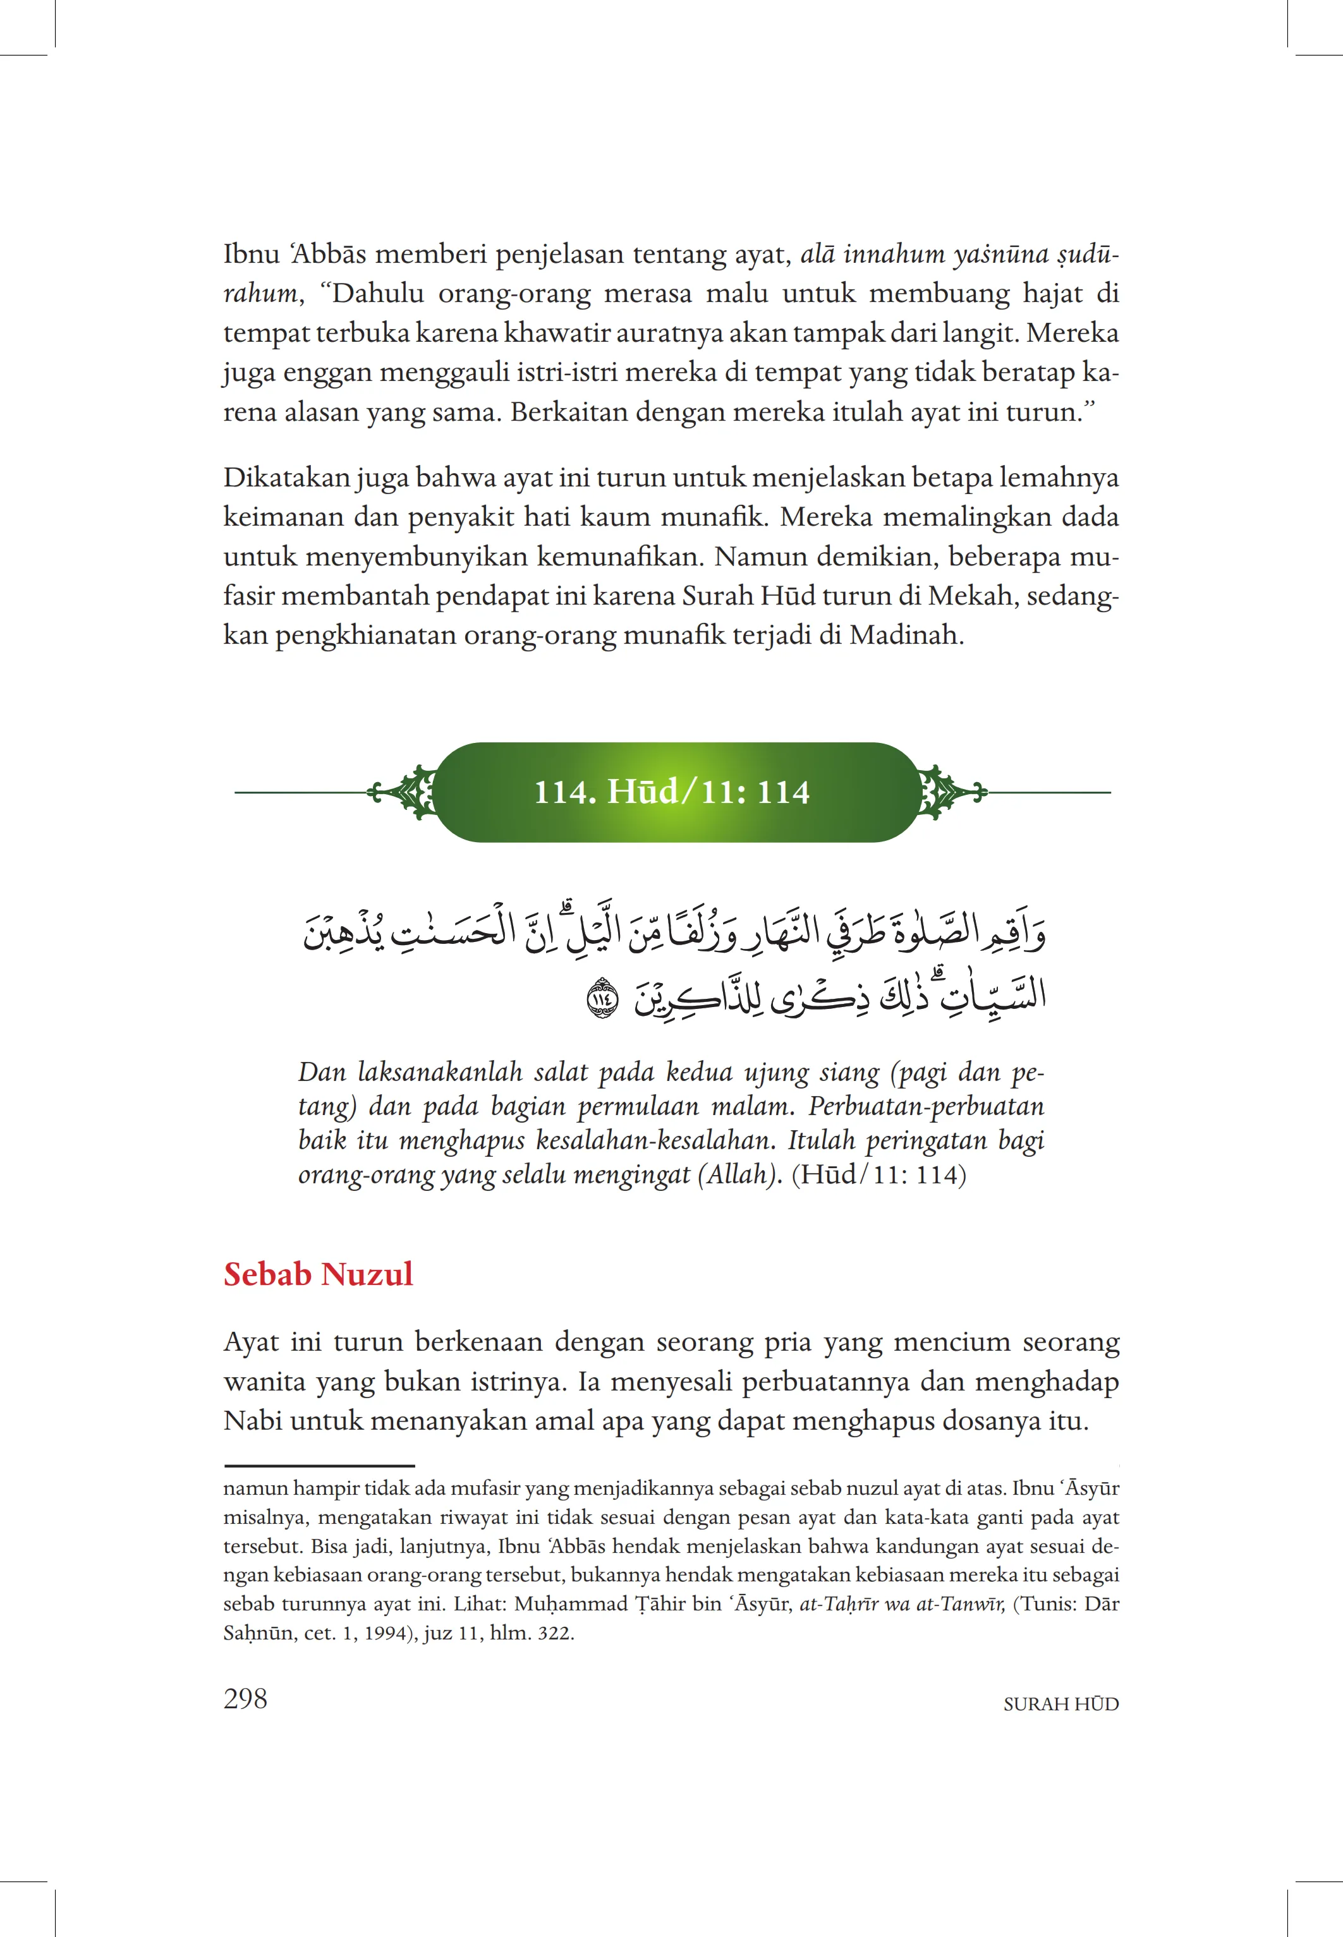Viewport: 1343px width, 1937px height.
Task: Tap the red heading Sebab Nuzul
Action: point(318,1274)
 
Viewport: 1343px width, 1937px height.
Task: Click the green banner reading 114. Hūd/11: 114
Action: point(672,792)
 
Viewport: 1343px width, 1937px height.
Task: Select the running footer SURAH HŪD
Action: point(1060,1704)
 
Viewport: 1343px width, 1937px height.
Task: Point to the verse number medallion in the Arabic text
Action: point(602,999)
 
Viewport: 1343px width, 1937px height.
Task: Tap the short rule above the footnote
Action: point(319,1465)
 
